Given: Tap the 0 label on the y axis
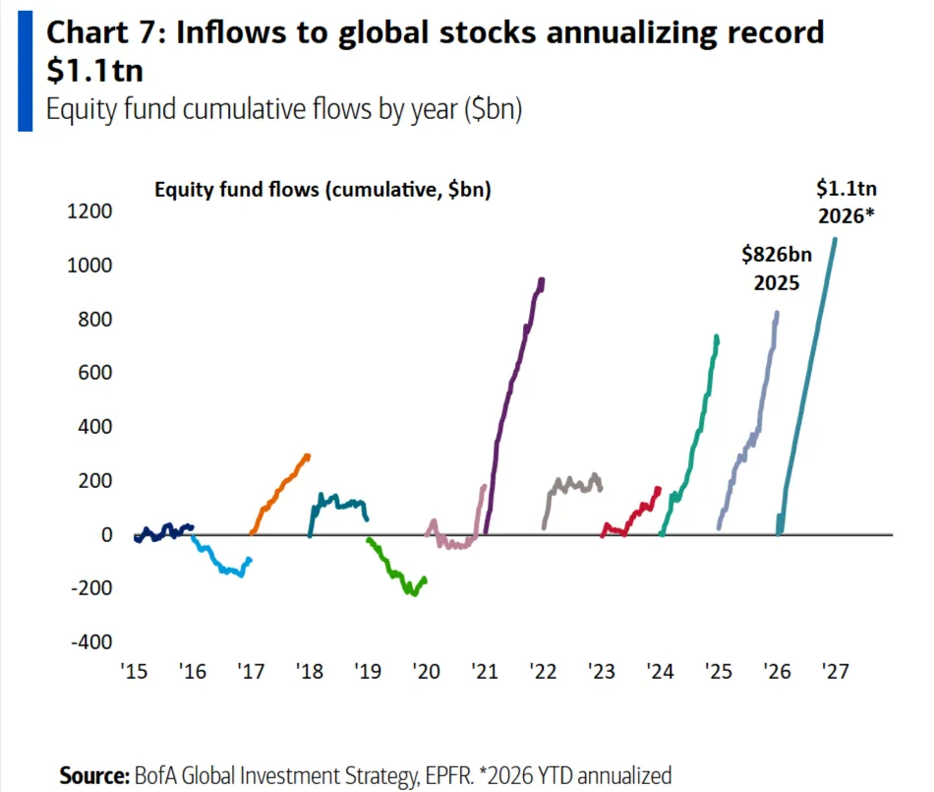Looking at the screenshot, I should (x=107, y=534).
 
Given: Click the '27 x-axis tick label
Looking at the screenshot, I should (x=834, y=672).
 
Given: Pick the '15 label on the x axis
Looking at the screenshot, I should (x=133, y=672).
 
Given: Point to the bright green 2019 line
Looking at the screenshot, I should (x=393, y=571).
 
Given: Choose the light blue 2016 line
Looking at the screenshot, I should (x=221, y=566).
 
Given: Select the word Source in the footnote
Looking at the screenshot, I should (x=94, y=774).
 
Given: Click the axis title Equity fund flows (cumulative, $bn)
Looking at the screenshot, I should (x=322, y=190).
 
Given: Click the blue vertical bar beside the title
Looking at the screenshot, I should (x=25, y=69).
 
